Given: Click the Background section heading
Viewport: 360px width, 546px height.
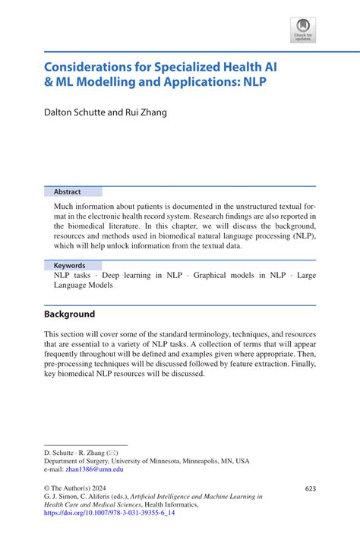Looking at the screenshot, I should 69,314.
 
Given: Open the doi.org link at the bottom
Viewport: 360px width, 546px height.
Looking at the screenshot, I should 109,513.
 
